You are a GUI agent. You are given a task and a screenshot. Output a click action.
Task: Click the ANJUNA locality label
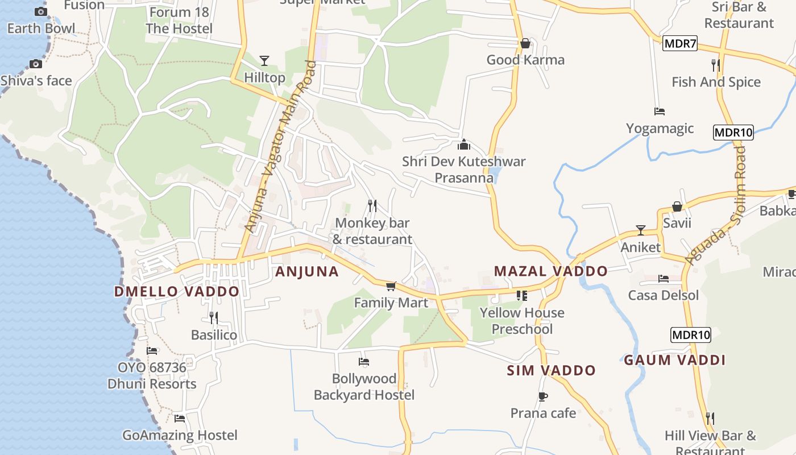(307, 271)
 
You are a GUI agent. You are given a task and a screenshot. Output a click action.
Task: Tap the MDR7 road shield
(680, 43)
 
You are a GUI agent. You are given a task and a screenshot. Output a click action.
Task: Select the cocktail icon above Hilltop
(264, 60)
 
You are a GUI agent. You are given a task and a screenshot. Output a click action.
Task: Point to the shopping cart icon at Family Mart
(391, 286)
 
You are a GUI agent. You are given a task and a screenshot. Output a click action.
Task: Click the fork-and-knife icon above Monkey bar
(372, 205)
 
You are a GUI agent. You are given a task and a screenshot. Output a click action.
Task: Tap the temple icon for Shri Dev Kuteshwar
(464, 144)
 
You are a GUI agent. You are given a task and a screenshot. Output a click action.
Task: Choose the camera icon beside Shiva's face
(36, 64)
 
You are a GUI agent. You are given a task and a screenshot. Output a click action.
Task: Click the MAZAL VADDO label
(550, 271)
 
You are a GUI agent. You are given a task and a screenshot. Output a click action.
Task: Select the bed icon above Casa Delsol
(663, 278)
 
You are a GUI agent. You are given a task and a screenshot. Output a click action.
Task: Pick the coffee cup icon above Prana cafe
(542, 396)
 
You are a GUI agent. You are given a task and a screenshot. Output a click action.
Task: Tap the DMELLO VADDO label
(177, 292)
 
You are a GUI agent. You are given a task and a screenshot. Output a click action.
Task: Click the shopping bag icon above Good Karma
(525, 43)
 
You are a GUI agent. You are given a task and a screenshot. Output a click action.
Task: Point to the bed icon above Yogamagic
(660, 111)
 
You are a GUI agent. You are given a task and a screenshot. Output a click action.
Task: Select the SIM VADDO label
(551, 371)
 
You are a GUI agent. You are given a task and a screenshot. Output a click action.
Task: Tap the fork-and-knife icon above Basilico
(214, 317)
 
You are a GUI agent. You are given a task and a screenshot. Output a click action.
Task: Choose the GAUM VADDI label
(674, 360)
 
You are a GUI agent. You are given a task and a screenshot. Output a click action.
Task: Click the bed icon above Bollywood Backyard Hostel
(364, 361)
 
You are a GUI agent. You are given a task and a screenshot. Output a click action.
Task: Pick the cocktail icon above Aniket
(641, 230)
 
